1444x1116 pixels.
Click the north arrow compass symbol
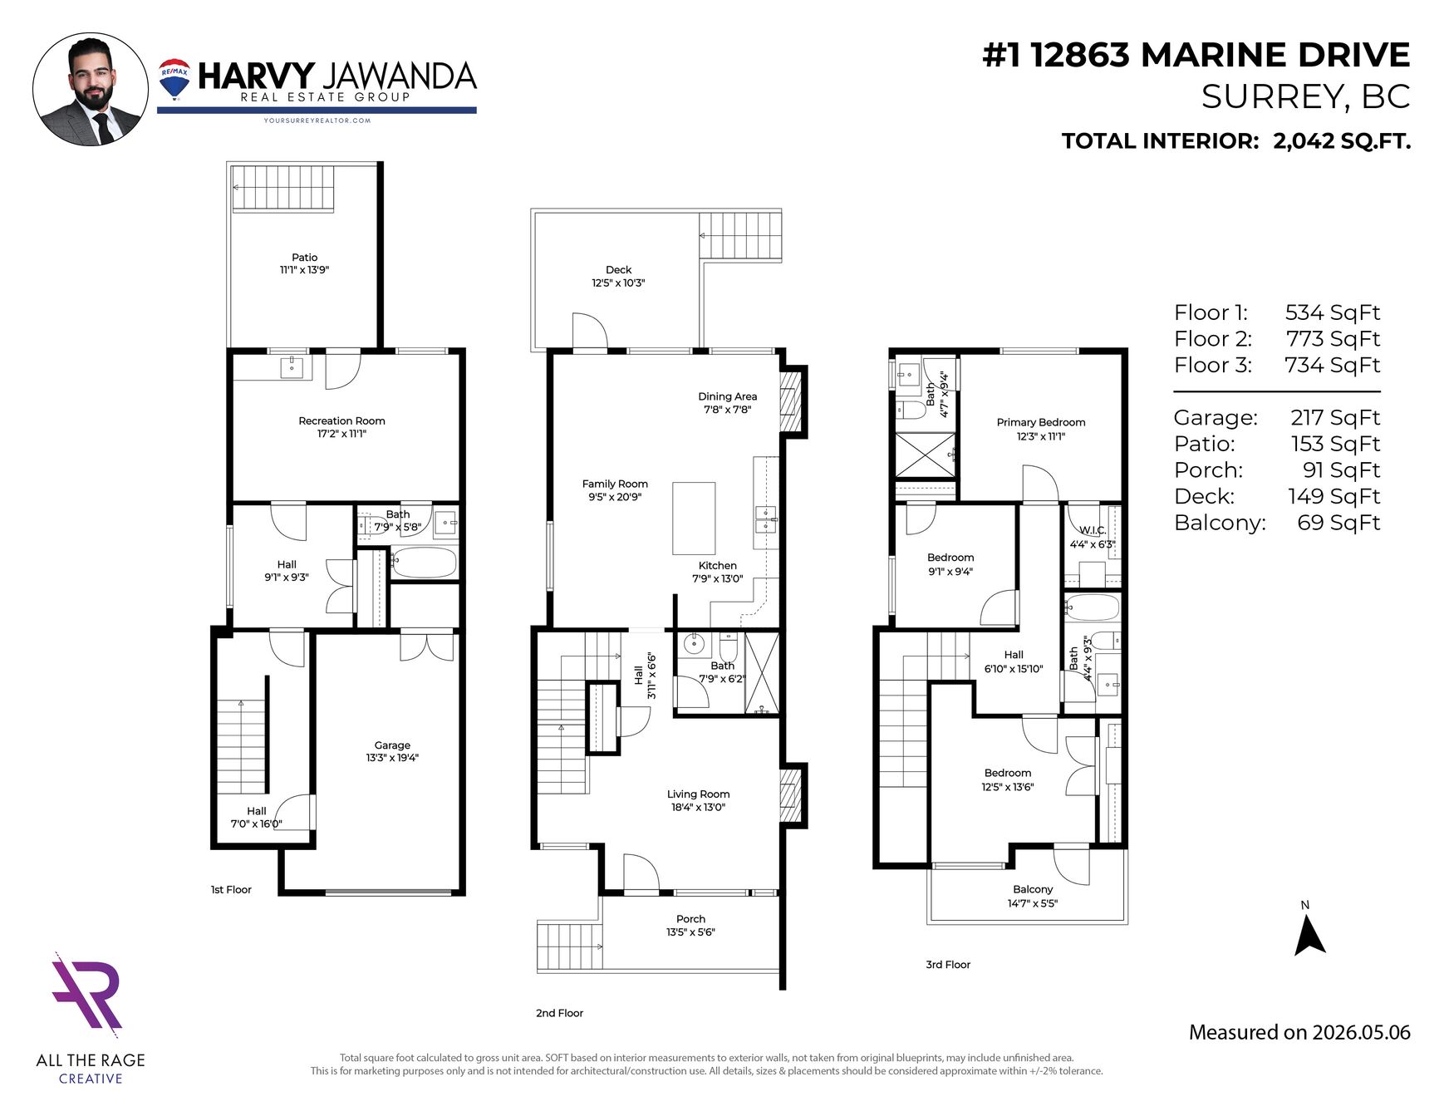tap(1309, 936)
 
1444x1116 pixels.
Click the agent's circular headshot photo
tap(91, 89)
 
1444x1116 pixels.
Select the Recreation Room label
tap(341, 420)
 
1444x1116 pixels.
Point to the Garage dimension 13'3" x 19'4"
tap(392, 758)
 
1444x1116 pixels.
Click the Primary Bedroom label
tap(1041, 422)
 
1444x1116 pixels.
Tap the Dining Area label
tap(728, 396)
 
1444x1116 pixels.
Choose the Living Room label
tap(698, 794)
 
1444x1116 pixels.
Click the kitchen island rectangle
tap(694, 519)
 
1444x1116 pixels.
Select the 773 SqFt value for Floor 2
tap(1333, 339)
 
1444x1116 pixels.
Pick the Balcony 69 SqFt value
tap(1338, 523)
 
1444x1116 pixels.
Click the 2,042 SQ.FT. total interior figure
tap(1342, 141)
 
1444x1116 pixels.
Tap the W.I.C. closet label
tap(1093, 530)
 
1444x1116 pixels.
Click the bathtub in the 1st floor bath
tap(424, 563)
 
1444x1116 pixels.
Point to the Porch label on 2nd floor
tap(690, 918)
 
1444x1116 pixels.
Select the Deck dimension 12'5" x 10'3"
tap(618, 283)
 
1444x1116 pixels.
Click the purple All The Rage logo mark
tap(87, 995)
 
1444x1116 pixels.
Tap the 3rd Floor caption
tap(948, 965)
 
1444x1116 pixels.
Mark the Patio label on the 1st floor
tap(305, 258)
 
